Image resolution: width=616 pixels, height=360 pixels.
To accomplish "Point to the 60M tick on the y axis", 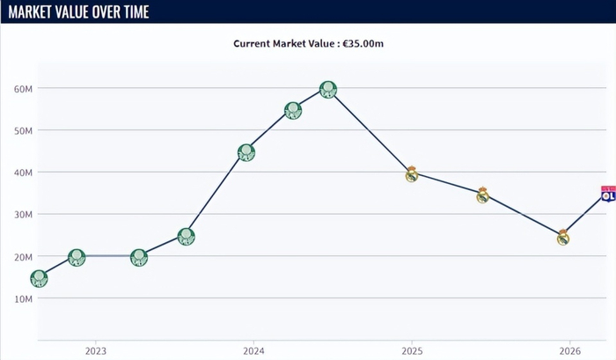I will coord(23,89).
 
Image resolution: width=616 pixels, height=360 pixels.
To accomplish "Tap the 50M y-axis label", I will coord(23,130).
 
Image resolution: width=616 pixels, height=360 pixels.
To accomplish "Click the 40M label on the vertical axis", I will coord(23,173).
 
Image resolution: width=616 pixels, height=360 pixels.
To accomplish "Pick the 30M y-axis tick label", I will coord(23,215).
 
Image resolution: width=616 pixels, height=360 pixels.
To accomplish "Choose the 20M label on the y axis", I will coord(23,257).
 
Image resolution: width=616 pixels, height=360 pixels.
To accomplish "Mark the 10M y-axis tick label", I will coord(23,298).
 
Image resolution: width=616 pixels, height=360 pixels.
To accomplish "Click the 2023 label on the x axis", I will coord(96,351).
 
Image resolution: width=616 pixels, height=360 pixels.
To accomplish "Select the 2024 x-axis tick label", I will coord(253,351).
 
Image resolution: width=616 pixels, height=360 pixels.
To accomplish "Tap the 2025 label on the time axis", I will coord(411,351).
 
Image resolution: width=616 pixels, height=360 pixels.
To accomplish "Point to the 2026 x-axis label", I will coord(568,351).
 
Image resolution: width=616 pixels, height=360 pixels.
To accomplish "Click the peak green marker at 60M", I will coord(328,89).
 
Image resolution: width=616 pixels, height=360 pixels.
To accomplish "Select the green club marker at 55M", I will coord(293,110).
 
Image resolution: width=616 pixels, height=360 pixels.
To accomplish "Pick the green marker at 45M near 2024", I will coord(246,152).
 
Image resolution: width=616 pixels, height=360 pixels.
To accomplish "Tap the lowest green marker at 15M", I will coord(39,278).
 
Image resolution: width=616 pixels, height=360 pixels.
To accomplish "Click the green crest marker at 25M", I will coord(186,236).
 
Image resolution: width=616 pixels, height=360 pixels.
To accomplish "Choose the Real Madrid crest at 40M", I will coord(411,173).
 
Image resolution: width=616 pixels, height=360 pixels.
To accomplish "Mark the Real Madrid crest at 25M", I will coord(563,237).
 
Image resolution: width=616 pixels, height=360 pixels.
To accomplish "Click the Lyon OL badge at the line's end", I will coord(607,194).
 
